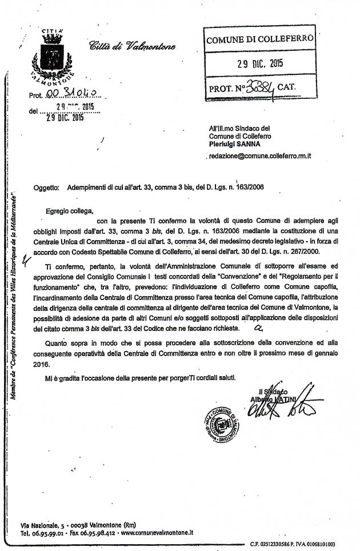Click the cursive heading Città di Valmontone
[x=132, y=47]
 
